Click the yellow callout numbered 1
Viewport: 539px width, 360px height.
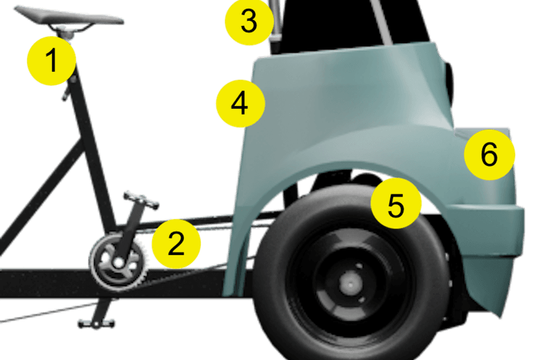tap(51, 61)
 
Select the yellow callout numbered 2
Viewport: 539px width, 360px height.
tap(176, 243)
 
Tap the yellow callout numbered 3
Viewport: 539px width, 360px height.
tap(249, 21)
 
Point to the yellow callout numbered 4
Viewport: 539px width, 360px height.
tap(240, 104)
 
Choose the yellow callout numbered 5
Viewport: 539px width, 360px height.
tap(396, 204)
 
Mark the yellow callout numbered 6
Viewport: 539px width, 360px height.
tap(489, 155)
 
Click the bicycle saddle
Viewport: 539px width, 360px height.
tap(69, 16)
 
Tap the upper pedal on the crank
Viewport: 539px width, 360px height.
tap(141, 200)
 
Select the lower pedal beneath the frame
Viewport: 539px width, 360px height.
tap(96, 324)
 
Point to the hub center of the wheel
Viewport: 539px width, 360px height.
tap(350, 284)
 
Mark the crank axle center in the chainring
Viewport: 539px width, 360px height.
tap(118, 263)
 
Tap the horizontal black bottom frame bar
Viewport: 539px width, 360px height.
tap(113, 283)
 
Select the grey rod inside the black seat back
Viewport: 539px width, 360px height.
tap(381, 21)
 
